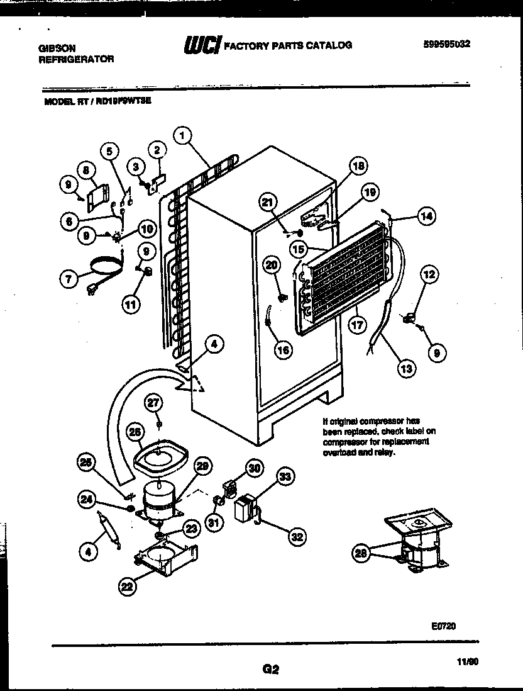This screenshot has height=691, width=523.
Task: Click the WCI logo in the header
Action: pyautogui.click(x=202, y=45)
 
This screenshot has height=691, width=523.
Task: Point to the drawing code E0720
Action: pyautogui.click(x=443, y=626)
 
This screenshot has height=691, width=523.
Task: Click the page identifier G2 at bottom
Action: pyautogui.click(x=270, y=670)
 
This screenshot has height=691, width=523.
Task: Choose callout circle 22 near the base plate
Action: pyautogui.click(x=128, y=587)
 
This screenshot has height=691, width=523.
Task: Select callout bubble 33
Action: pyautogui.click(x=285, y=477)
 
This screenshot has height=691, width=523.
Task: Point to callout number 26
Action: pyautogui.click(x=135, y=432)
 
